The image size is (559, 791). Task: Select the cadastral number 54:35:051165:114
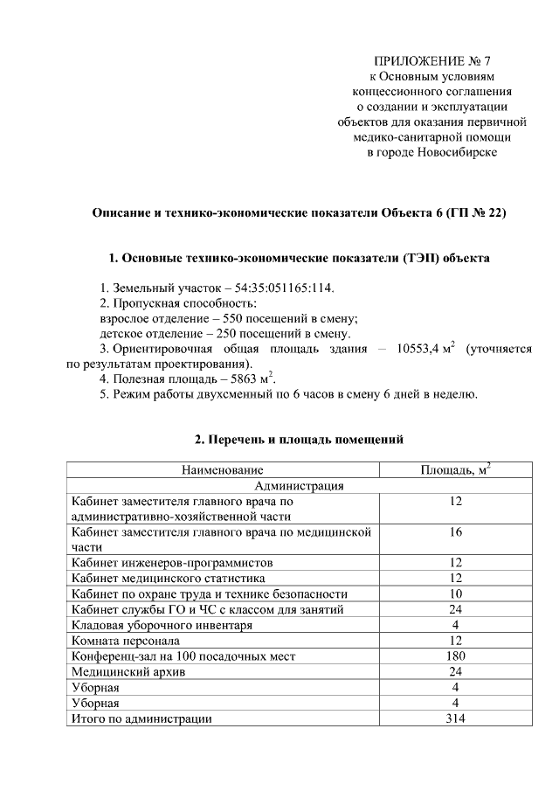point(285,288)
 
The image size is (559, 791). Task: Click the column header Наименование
point(222,471)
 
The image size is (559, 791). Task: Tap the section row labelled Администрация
point(298,487)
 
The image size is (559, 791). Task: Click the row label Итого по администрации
point(141,718)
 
